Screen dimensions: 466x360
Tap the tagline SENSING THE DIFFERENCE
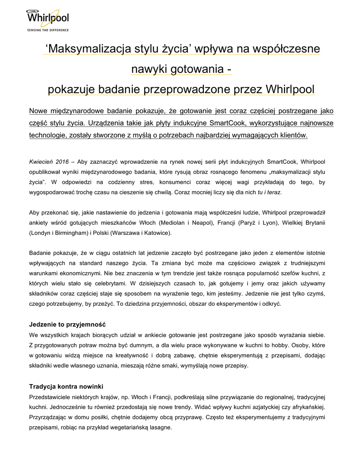(x=48, y=30)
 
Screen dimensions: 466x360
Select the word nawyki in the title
(x=148, y=69)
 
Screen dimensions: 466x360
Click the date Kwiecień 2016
(x=49, y=162)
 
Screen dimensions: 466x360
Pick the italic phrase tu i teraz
(x=269, y=192)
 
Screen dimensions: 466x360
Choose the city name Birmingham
(x=69, y=233)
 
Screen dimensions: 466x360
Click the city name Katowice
(x=156, y=233)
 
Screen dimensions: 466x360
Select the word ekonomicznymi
(x=75, y=274)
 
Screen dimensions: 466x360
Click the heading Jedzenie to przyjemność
(x=67, y=325)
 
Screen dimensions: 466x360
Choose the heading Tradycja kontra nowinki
(x=66, y=386)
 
